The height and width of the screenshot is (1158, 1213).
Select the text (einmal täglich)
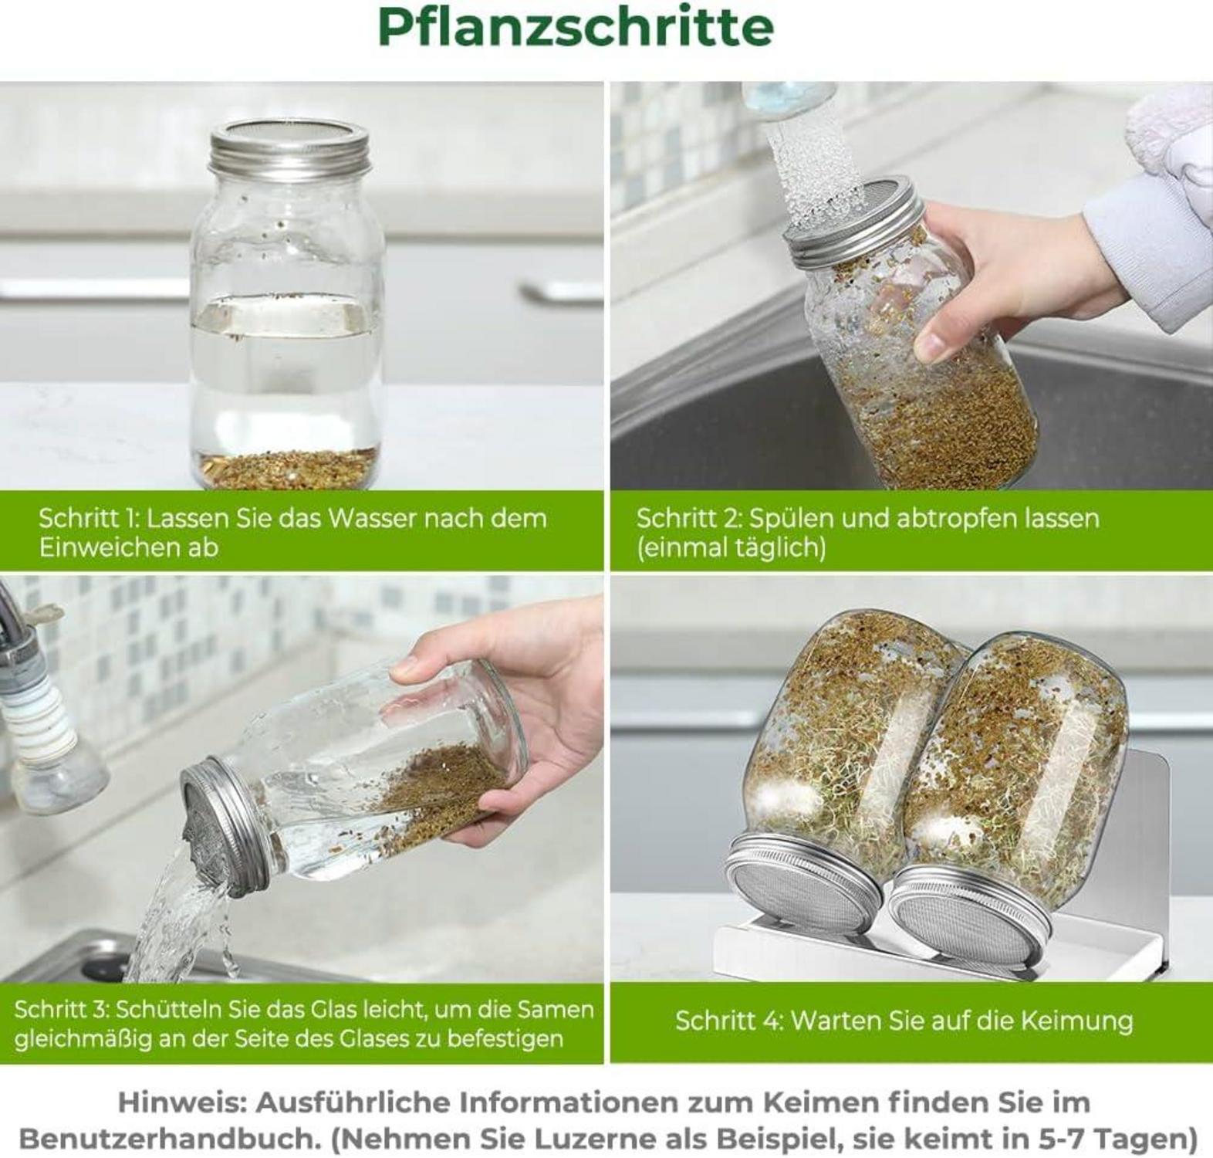point(731,547)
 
